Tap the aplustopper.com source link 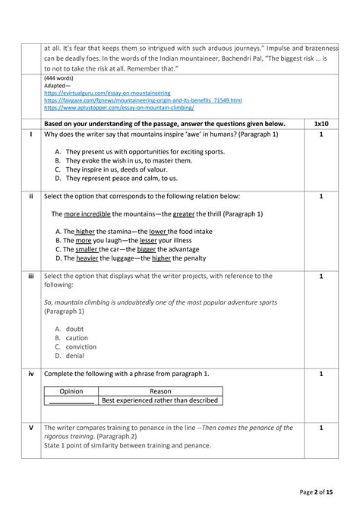(x=118, y=108)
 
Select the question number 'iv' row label (x=31, y=374)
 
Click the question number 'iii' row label (x=31, y=277)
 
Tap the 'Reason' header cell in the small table (x=160, y=390)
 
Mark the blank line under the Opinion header (x=71, y=401)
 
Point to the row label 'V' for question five (x=31, y=428)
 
